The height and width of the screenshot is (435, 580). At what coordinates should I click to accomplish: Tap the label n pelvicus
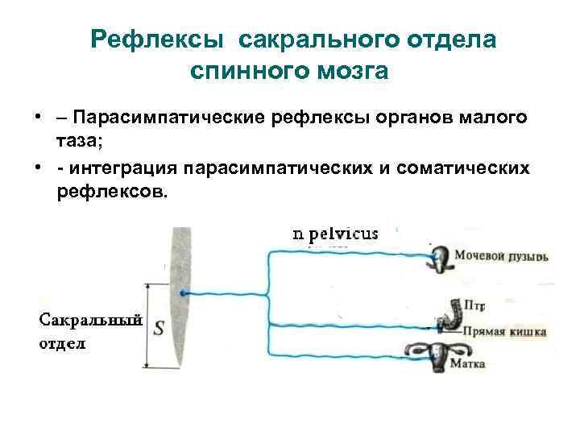tap(334, 234)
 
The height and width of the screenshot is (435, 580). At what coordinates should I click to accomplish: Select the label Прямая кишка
tap(503, 331)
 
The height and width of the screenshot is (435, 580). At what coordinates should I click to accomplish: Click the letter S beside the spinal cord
tap(159, 327)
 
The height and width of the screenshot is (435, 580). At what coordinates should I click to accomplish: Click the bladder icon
tap(441, 258)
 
